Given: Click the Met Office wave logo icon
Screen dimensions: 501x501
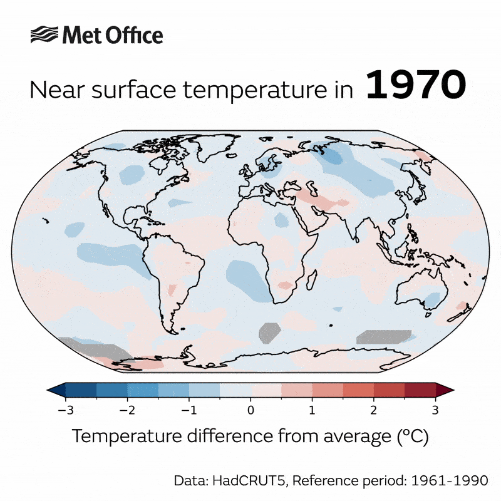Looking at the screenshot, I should [x=44, y=34].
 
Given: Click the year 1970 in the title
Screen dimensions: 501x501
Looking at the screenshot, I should [x=416, y=86].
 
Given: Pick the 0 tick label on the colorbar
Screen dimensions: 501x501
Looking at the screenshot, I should [x=250, y=410].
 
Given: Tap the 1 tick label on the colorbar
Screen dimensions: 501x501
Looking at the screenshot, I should [x=312, y=410].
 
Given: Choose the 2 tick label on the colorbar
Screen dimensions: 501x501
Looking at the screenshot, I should [x=374, y=410].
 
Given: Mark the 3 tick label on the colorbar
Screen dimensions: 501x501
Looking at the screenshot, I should [x=435, y=410].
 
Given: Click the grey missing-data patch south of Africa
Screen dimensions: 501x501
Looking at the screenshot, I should [x=270, y=333].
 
